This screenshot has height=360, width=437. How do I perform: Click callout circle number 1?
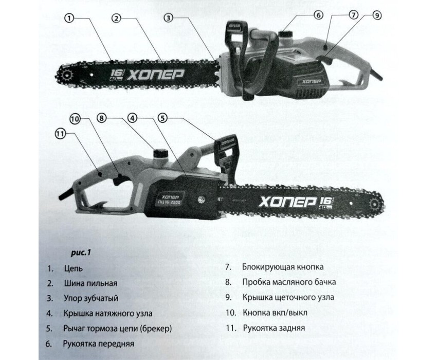point(69,19)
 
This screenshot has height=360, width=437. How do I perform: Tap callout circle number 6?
point(318,15)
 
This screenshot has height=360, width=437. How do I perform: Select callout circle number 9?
point(377,15)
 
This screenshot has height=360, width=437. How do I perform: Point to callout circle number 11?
point(61,134)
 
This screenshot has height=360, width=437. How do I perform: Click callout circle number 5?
point(163,118)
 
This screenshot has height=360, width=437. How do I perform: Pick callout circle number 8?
point(102,118)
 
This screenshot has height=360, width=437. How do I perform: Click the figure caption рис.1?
point(81,253)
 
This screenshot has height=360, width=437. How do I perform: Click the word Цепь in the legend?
point(74,268)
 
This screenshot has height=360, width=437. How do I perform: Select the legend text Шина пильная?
point(90,283)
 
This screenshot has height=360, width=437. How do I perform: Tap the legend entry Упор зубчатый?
point(91,298)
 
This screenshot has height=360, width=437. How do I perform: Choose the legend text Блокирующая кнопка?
point(283,267)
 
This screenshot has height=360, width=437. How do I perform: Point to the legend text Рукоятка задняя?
point(274,328)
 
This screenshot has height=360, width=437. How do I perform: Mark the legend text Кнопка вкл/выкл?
point(275,313)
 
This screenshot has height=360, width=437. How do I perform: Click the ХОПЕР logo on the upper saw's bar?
point(155,75)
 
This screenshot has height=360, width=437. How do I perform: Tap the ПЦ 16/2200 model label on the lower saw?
point(168,201)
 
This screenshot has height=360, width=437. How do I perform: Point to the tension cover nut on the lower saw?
point(201,200)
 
